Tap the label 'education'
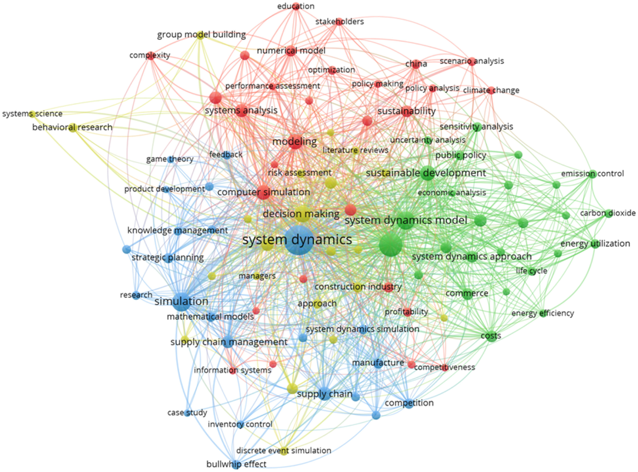pyautogui.click(x=296, y=6)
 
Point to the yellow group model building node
pyautogui.click(x=200, y=36)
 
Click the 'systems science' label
pyautogui.click(x=32, y=114)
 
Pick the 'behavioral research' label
pyautogui.click(x=72, y=127)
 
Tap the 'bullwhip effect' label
pyautogui.click(x=236, y=464)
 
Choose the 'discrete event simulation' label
pyautogui.click(x=283, y=451)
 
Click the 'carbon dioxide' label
pyautogui.click(x=608, y=213)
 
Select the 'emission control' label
pyautogui.click(x=592, y=173)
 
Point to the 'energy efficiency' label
pyautogui.click(x=543, y=313)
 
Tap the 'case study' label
pyautogui.click(x=187, y=413)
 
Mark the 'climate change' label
pyautogui.click(x=491, y=90)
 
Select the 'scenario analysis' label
pyautogui.click(x=471, y=61)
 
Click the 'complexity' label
pyautogui.click(x=150, y=55)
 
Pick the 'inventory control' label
pyautogui.click(x=240, y=424)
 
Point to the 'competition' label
pyautogui.click(x=409, y=403)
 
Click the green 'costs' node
pyautogui.click(x=491, y=336)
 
